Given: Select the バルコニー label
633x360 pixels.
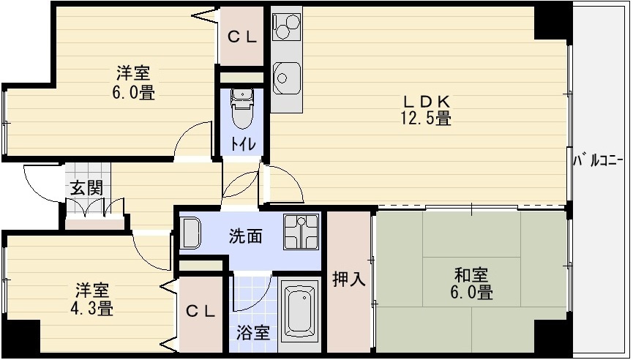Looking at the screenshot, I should (x=598, y=159).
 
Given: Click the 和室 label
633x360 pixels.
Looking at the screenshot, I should (x=471, y=276).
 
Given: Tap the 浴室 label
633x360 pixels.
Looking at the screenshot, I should (x=253, y=332).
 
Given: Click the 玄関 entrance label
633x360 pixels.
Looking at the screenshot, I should (x=86, y=187).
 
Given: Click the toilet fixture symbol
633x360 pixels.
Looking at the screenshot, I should (x=241, y=108).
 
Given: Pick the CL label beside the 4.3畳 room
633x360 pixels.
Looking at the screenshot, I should (x=201, y=311).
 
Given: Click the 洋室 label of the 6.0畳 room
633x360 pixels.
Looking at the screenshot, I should (x=133, y=74).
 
